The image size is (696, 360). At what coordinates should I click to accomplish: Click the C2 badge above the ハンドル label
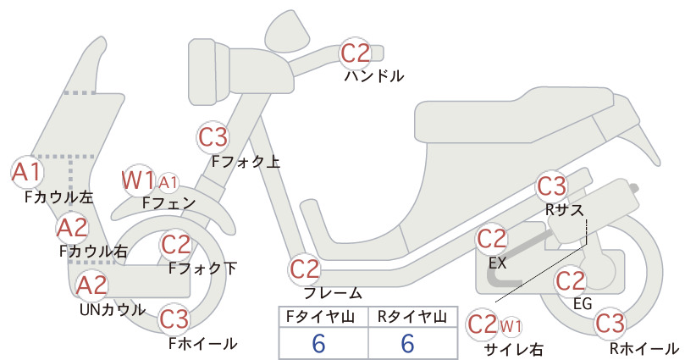tap(356, 53)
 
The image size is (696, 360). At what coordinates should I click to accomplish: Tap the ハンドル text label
tap(374, 76)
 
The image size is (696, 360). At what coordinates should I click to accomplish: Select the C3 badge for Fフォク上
tap(213, 137)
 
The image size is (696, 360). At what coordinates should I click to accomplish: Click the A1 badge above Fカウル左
tap(27, 172)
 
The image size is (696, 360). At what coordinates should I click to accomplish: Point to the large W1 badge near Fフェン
tap(139, 180)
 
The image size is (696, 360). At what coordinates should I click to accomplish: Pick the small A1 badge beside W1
tap(168, 182)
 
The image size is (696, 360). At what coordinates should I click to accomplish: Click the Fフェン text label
tap(168, 202)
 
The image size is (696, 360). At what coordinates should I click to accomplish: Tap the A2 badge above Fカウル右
tap(72, 228)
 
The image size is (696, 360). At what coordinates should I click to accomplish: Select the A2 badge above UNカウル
tap(92, 285)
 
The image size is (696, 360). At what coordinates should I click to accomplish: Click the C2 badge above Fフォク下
tap(176, 245)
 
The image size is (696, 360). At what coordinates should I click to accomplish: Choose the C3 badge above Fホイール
tap(174, 318)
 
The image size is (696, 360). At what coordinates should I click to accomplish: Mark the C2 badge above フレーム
tap(304, 269)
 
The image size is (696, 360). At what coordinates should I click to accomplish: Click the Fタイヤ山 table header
tap(320, 317)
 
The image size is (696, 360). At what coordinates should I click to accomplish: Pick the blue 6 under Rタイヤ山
tap(407, 343)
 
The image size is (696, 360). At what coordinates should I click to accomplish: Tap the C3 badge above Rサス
tap(552, 186)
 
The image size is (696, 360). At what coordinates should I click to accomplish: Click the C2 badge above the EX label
tap(491, 239)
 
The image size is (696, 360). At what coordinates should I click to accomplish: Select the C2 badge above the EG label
tap(571, 281)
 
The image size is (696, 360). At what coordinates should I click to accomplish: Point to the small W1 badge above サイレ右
tap(511, 327)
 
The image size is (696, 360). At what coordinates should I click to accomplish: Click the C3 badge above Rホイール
tap(610, 324)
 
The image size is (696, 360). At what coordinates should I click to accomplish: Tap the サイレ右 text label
tap(514, 350)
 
